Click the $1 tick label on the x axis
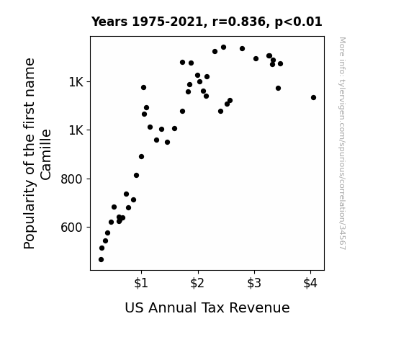click(141, 283)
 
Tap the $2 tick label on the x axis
click(197, 283)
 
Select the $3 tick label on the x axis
click(254, 283)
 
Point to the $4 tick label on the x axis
click(310, 283)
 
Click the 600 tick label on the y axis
click(71, 227)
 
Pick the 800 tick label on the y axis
click(71, 179)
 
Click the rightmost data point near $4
click(313, 98)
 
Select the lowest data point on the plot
click(101, 260)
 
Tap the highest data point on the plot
click(223, 48)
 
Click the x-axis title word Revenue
click(259, 308)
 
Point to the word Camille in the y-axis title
click(45, 155)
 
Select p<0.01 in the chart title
click(298, 22)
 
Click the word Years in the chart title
click(109, 22)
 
